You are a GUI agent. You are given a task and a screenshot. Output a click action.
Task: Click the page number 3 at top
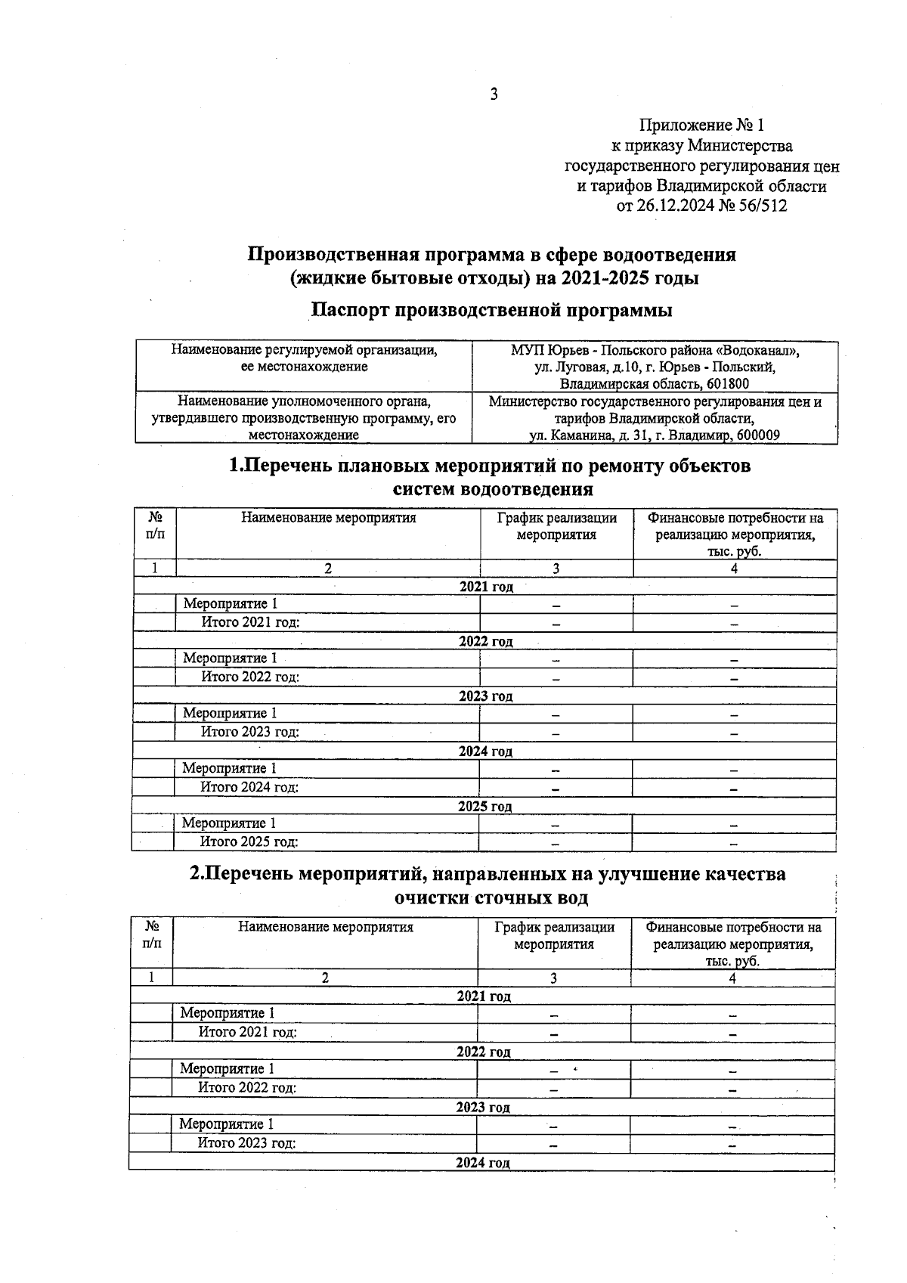pyautogui.click(x=494, y=95)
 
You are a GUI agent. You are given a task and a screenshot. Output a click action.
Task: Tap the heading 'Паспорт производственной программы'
pyautogui.click(x=492, y=310)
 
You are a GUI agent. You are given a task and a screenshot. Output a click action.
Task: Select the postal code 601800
pyautogui.click(x=725, y=384)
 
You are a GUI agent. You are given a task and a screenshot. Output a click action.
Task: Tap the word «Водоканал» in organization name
pyautogui.click(x=756, y=351)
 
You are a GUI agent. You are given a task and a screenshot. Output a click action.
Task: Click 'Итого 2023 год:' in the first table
pyautogui.click(x=250, y=732)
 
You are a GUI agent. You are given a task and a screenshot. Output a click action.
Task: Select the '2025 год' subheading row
pyautogui.click(x=484, y=807)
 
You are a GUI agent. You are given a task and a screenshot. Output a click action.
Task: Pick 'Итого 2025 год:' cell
pyautogui.click(x=249, y=842)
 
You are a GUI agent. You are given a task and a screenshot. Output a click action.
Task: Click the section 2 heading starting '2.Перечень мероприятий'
pyautogui.click(x=488, y=874)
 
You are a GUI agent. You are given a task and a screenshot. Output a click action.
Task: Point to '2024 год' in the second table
pyautogui.click(x=482, y=1163)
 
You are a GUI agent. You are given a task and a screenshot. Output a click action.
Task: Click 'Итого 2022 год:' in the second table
pyautogui.click(x=247, y=1088)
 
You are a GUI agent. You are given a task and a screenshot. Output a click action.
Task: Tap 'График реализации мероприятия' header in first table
pyautogui.click(x=556, y=526)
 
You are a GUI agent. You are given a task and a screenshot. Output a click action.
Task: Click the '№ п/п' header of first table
pyautogui.click(x=155, y=525)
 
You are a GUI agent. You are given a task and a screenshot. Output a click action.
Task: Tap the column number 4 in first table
pyautogui.click(x=734, y=569)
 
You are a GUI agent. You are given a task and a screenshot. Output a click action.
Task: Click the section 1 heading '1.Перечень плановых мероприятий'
pyautogui.click(x=490, y=466)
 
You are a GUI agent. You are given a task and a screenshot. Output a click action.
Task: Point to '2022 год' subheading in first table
pyautogui.click(x=485, y=642)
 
